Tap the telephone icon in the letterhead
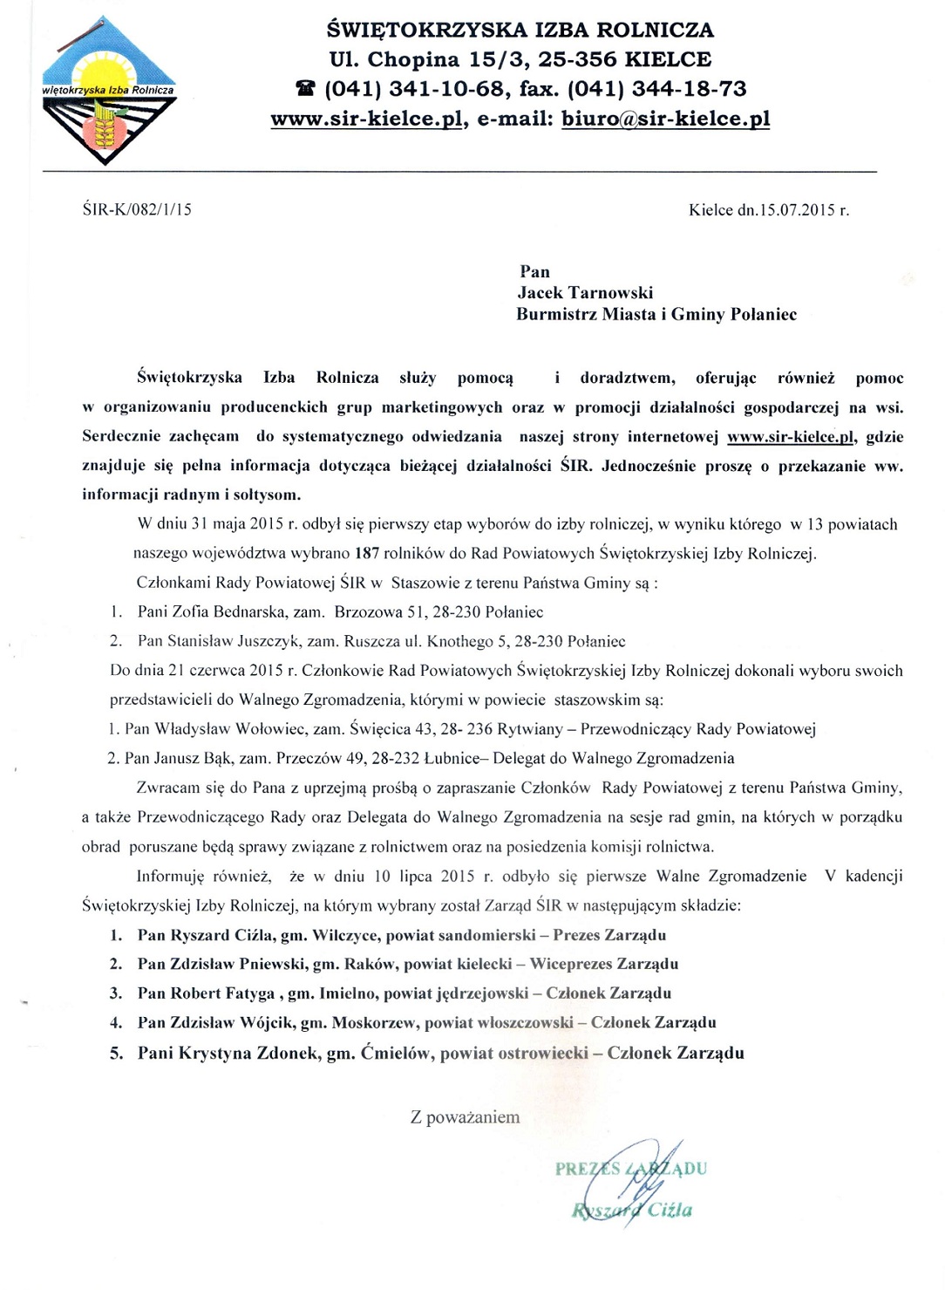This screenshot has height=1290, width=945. pos(305,89)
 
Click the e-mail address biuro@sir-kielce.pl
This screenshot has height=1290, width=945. pos(665,119)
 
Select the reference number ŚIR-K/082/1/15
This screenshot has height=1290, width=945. pos(137,209)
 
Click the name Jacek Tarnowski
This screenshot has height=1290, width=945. pos(584,293)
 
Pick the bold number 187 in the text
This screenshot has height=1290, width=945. pos(367,553)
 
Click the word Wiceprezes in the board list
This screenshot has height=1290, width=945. pos(570,965)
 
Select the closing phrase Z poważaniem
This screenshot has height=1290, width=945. pos(465,1117)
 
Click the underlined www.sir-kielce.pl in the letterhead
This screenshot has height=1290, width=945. pos(366,119)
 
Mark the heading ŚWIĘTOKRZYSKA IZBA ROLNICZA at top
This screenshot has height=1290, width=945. pos(520,30)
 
